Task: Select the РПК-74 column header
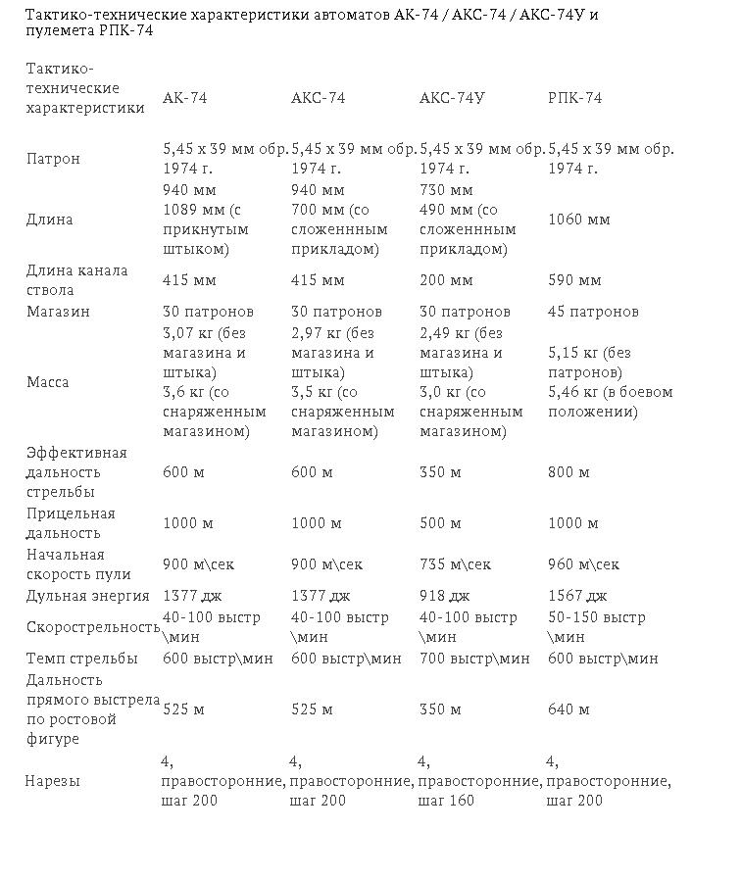574,98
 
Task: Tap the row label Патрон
53,159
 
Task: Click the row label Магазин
58,312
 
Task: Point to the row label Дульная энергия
88,596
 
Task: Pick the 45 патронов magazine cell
593,312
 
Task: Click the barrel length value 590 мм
574,280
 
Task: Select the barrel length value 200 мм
446,280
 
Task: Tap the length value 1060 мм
578,220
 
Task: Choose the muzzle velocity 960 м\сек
583,564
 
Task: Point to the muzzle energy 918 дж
445,596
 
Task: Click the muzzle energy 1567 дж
577,596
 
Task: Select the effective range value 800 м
568,472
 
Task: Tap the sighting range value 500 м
440,523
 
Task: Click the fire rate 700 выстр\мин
474,659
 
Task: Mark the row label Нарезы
53,781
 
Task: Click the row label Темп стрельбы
82,659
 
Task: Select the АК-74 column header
184,98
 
